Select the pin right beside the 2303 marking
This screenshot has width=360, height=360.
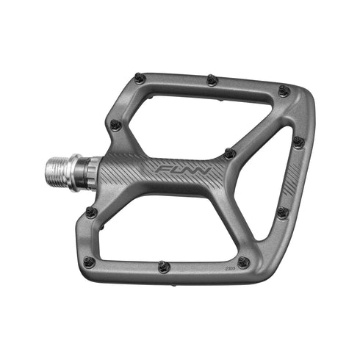point(243,262)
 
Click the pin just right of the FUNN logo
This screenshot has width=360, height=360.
point(230,154)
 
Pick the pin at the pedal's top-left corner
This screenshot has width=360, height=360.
point(140,78)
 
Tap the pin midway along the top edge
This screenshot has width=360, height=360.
point(212,79)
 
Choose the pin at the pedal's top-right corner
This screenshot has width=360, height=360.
point(284,91)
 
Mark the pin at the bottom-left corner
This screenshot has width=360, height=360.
point(90,261)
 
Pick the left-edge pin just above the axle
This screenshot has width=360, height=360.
point(115,125)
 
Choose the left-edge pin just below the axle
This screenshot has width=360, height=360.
point(90,212)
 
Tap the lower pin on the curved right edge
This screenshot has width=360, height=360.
point(282,212)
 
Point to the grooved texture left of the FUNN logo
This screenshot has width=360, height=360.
point(129,173)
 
